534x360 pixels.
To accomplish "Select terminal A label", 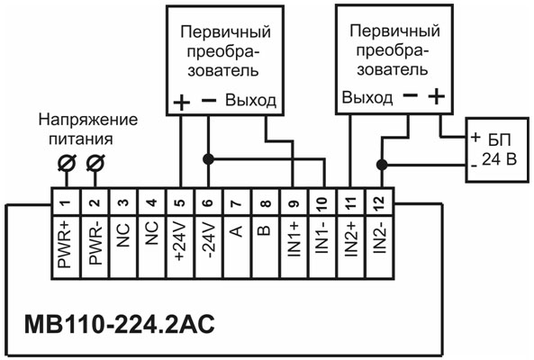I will pos(238,232).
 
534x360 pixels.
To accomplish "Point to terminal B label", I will pos(266,232).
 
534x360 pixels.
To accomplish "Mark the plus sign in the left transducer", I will pos(181,101).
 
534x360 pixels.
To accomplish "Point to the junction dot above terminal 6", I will pos(209,159).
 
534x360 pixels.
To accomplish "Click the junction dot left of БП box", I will pos(382,165).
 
